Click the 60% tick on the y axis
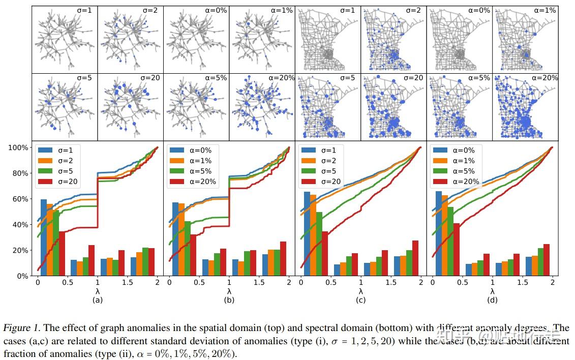(x=20, y=199)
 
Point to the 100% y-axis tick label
(x=18, y=147)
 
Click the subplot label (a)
(x=97, y=300)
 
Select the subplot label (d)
(x=492, y=300)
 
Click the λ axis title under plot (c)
(x=361, y=291)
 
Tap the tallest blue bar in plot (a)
(x=44, y=237)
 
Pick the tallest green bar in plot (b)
(x=187, y=249)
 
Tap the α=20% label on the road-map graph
(x=544, y=78)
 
